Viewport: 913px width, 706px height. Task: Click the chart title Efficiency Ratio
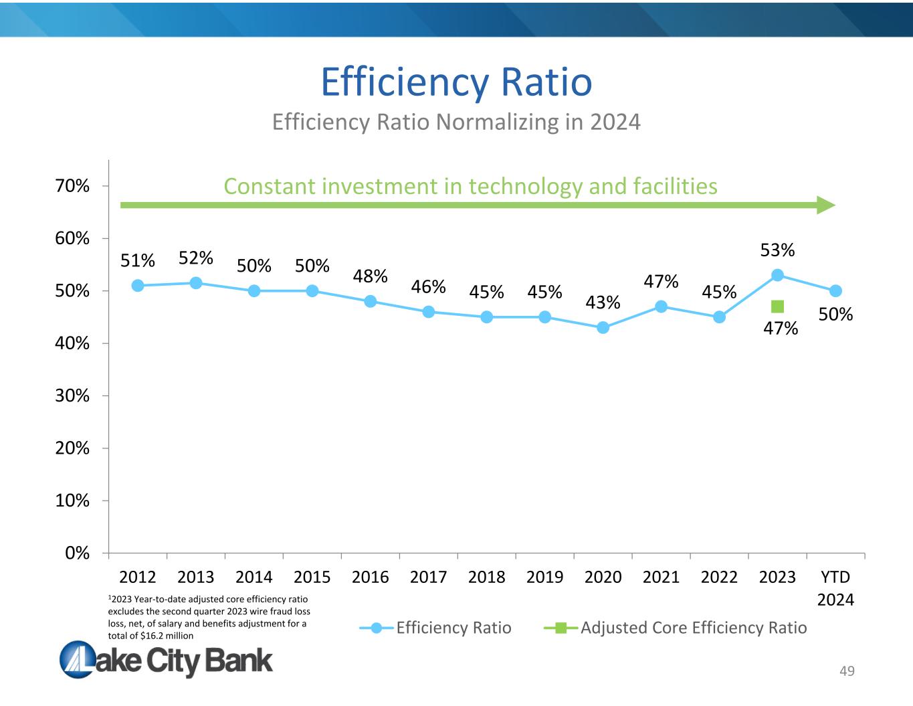pyautogui.click(x=456, y=82)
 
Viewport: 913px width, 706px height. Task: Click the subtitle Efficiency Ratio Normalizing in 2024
pyautogui.click(x=456, y=122)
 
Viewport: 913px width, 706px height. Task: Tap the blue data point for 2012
pyautogui.click(x=138, y=286)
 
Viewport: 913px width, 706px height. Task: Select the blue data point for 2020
pyautogui.click(x=603, y=327)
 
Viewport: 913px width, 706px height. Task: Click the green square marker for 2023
pyautogui.click(x=777, y=306)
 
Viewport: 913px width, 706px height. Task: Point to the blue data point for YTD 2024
pyautogui.click(x=835, y=291)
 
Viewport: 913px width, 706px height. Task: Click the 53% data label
pyautogui.click(x=777, y=250)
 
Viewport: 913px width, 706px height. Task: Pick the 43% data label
pyautogui.click(x=603, y=302)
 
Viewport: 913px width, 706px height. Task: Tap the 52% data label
pyautogui.click(x=196, y=258)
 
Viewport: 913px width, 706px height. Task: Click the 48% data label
pyautogui.click(x=371, y=276)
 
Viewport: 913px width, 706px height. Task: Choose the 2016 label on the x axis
pyautogui.click(x=371, y=577)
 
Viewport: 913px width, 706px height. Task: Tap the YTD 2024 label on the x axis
pyautogui.click(x=835, y=588)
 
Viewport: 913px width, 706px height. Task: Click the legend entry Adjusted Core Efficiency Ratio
pyautogui.click(x=694, y=628)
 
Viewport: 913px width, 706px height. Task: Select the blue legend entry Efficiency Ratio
pyautogui.click(x=453, y=628)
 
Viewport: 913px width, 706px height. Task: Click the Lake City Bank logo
pyautogui.click(x=167, y=660)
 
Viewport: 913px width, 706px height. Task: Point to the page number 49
pyautogui.click(x=847, y=671)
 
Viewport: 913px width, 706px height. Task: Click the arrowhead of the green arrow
pyautogui.click(x=827, y=205)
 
